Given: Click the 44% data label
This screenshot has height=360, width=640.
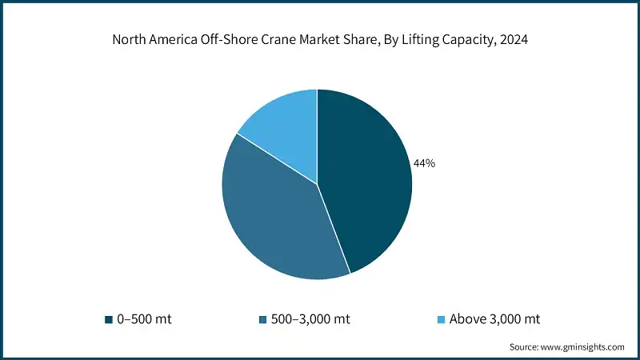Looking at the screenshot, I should click(424, 163).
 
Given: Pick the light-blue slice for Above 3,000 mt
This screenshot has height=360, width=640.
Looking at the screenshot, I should click(284, 124).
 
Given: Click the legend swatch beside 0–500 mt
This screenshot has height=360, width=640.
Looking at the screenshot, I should click(108, 319).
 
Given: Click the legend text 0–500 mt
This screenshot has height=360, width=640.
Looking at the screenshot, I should click(144, 319).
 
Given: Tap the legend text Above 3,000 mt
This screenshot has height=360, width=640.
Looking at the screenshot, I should click(494, 319).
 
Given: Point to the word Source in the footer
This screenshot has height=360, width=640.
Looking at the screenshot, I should click(524, 347).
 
